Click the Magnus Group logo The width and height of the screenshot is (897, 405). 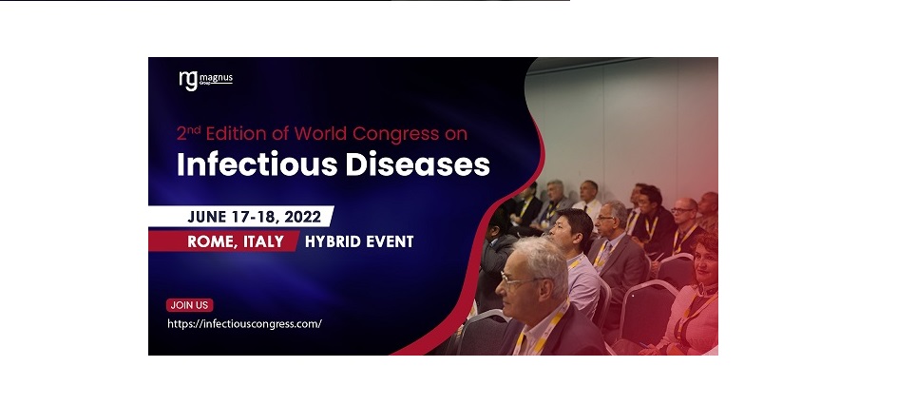tap(206, 80)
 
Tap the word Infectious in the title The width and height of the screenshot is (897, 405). tap(258, 164)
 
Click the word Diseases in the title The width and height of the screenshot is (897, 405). tap(418, 164)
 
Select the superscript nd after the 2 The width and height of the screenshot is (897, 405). tap(195, 129)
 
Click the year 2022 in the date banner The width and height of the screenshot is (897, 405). tap(302, 217)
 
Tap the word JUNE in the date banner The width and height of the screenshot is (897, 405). tap(208, 217)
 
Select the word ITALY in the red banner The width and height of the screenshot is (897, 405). tap(263, 241)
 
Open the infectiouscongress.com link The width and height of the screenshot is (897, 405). tap(244, 324)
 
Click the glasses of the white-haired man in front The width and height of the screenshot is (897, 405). tap(518, 280)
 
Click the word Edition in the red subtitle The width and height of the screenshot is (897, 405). tap(237, 133)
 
